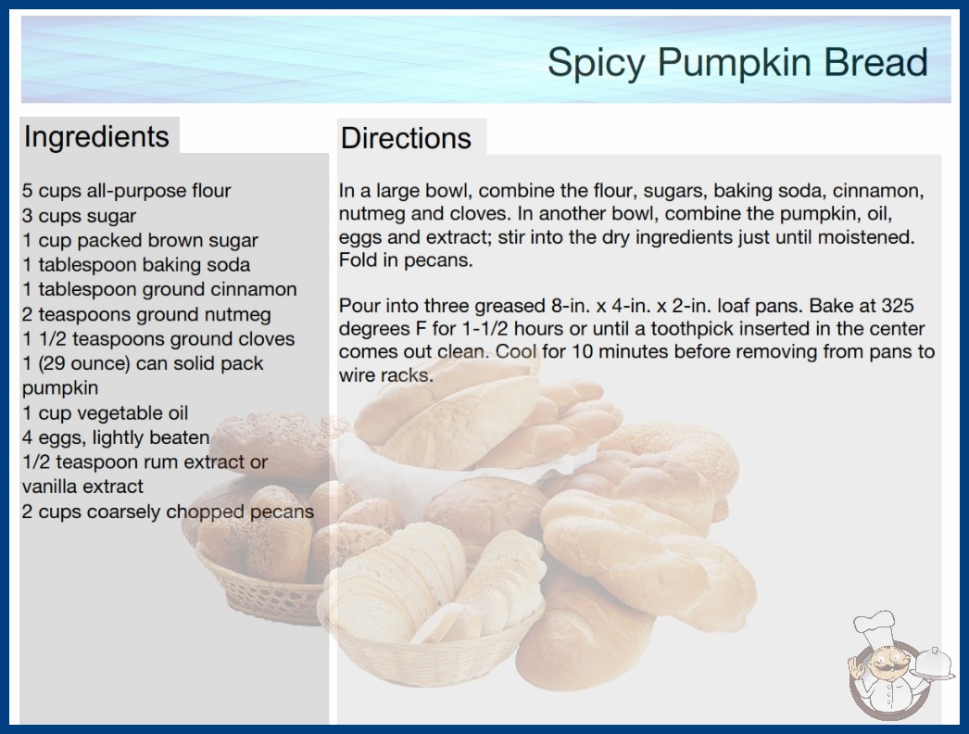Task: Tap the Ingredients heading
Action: (96, 136)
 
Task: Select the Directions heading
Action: (406, 138)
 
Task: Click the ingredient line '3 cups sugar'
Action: (79, 216)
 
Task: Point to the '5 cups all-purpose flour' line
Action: (127, 191)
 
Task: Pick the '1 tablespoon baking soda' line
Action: (136, 265)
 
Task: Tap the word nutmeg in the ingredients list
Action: (237, 315)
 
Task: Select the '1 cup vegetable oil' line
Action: (105, 413)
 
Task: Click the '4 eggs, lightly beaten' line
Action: (116, 437)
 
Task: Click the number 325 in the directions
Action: (898, 306)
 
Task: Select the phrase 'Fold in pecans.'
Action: (406, 260)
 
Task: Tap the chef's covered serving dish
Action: (934, 664)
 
